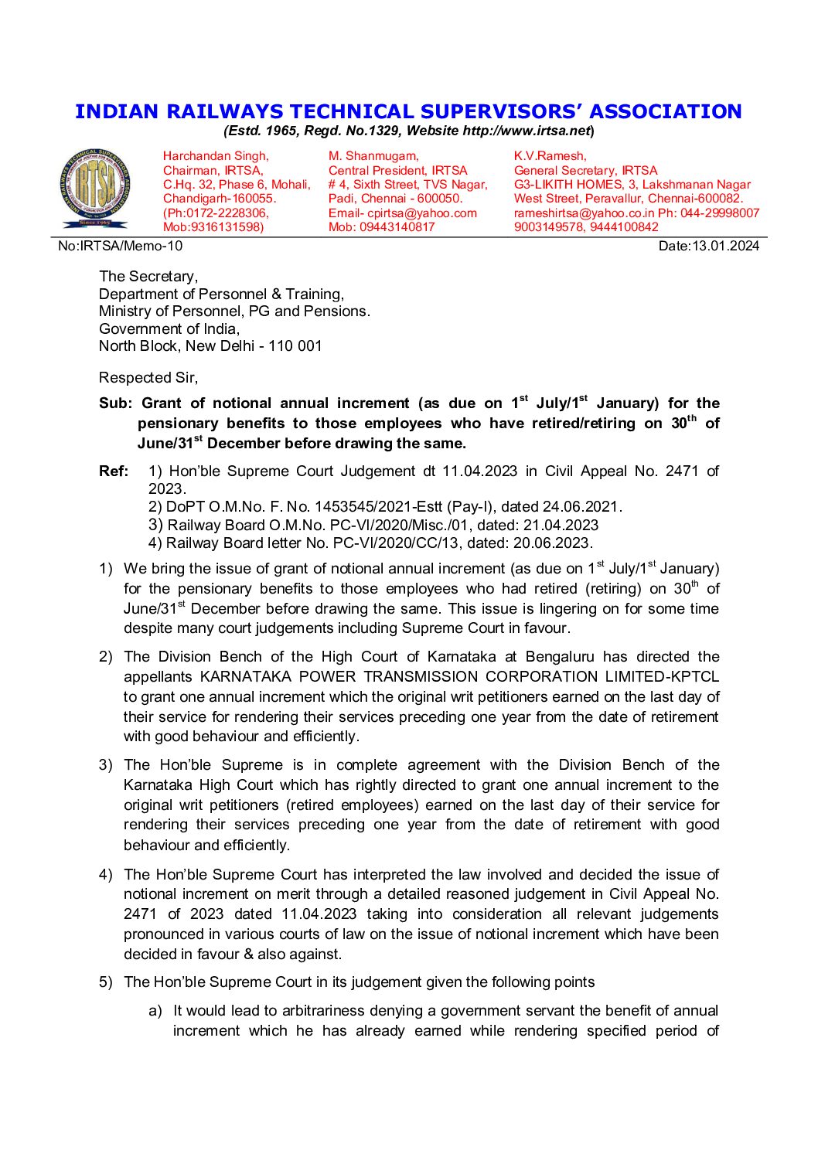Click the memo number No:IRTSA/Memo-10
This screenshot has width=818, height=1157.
click(121, 247)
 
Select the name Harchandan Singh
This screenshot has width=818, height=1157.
click(216, 156)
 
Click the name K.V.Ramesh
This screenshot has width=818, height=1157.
click(550, 156)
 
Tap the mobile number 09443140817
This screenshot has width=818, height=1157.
click(397, 227)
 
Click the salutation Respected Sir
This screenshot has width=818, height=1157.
click(148, 378)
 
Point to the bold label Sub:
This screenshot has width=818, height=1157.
click(116, 403)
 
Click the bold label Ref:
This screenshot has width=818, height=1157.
click(114, 471)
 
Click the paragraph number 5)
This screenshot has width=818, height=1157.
click(105, 982)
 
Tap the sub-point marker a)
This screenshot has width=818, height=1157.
click(155, 1011)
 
